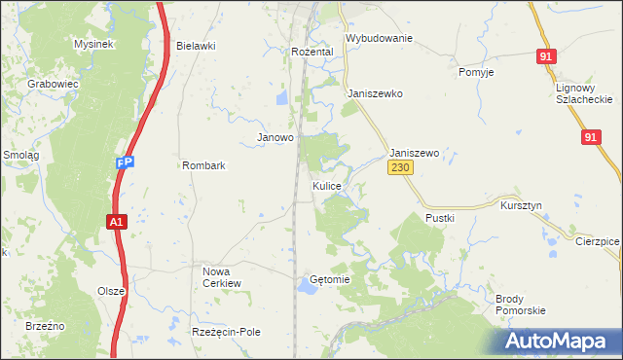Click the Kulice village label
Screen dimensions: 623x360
(326, 185)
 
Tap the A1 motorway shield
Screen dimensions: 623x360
(115, 223)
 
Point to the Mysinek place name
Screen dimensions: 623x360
(94, 45)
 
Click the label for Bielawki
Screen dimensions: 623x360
(196, 46)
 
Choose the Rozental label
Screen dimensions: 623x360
(312, 52)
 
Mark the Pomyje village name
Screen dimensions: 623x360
(476, 73)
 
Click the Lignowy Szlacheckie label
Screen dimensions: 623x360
(583, 93)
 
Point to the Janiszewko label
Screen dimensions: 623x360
(375, 94)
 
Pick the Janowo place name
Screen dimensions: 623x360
(275, 138)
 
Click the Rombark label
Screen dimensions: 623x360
(203, 165)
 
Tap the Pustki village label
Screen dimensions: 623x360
(440, 219)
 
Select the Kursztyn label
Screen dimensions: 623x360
(520, 207)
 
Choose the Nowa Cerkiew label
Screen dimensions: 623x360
(221, 277)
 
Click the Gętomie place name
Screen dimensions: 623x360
(329, 279)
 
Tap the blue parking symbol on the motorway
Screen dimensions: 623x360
(124, 163)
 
